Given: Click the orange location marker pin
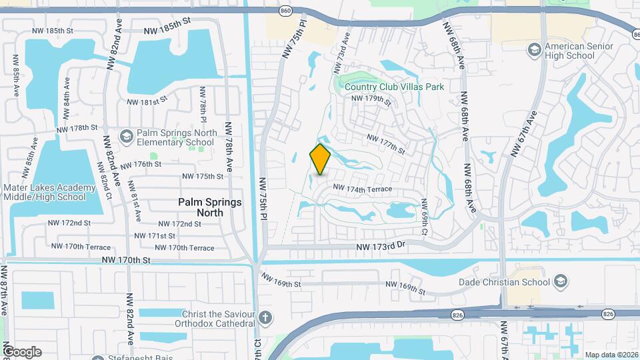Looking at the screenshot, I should (321, 159).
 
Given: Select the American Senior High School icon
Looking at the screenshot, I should (534, 50).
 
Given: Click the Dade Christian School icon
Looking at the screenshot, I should (560, 281).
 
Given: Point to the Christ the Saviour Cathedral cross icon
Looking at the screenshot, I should (265, 317).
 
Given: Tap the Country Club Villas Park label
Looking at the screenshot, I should (395, 87).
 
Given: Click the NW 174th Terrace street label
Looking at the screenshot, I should (363, 190).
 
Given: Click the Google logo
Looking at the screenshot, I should (22, 351).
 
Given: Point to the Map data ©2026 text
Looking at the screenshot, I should (611, 355).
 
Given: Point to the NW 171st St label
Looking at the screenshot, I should (155, 236).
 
